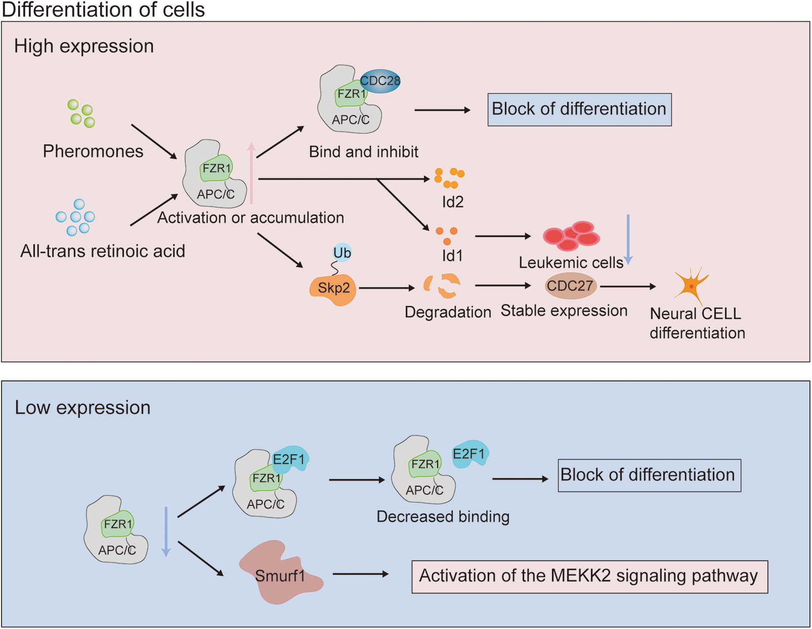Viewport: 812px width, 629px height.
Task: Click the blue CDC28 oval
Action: (380, 81)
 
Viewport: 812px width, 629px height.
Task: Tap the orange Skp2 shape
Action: (333, 289)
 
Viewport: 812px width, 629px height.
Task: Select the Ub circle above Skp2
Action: (343, 252)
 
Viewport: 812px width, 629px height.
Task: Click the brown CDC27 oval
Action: (570, 286)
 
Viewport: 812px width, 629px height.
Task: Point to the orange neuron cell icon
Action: (691, 286)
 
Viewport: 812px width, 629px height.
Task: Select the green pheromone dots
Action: (81, 113)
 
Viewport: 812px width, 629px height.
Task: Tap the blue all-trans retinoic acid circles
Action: (75, 217)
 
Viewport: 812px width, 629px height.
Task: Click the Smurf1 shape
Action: (280, 574)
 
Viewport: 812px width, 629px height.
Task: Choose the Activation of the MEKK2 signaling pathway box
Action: (589, 576)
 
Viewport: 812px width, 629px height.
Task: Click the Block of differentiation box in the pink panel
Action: (579, 109)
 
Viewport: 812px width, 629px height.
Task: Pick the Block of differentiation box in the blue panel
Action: (649, 475)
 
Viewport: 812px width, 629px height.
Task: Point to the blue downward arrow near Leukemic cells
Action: (628, 239)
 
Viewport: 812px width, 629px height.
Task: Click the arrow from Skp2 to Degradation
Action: (387, 288)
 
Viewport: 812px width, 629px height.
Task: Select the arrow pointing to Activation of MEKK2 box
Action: (361, 574)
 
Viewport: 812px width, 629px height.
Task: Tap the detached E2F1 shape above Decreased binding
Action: (469, 454)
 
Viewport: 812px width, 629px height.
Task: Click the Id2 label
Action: (453, 202)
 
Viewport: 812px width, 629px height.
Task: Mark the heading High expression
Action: (84, 46)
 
